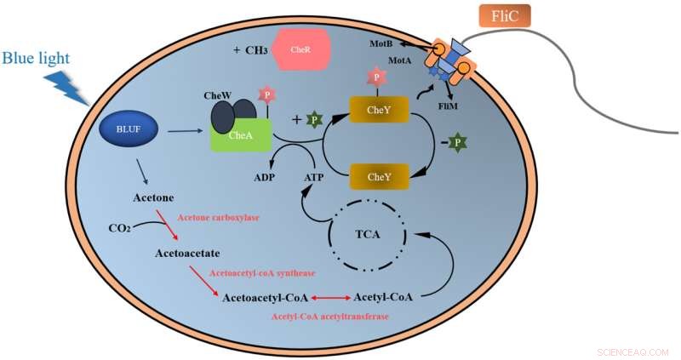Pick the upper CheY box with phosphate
379,110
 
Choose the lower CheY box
379,177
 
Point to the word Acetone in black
153,197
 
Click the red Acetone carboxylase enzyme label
217,218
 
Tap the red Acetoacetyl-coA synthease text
262,273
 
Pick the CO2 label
120,228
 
